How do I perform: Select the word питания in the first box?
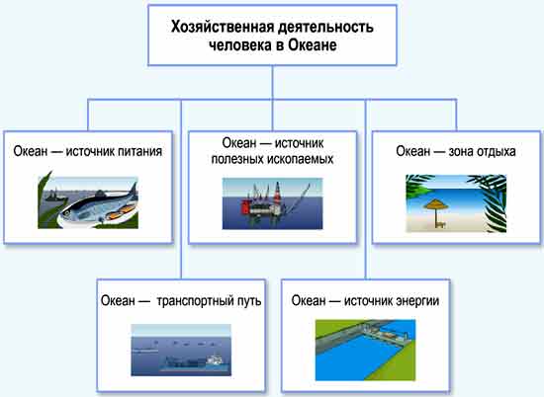[x=139, y=152]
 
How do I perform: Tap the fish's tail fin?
[x=134, y=192]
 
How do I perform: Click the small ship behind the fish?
[x=54, y=197]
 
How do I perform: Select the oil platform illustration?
[x=272, y=203]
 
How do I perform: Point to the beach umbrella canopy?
[x=436, y=204]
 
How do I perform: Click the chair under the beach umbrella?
[x=440, y=224]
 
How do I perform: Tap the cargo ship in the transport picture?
[x=195, y=363]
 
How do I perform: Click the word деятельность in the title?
[x=326, y=27]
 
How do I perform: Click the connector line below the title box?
[x=272, y=82]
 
